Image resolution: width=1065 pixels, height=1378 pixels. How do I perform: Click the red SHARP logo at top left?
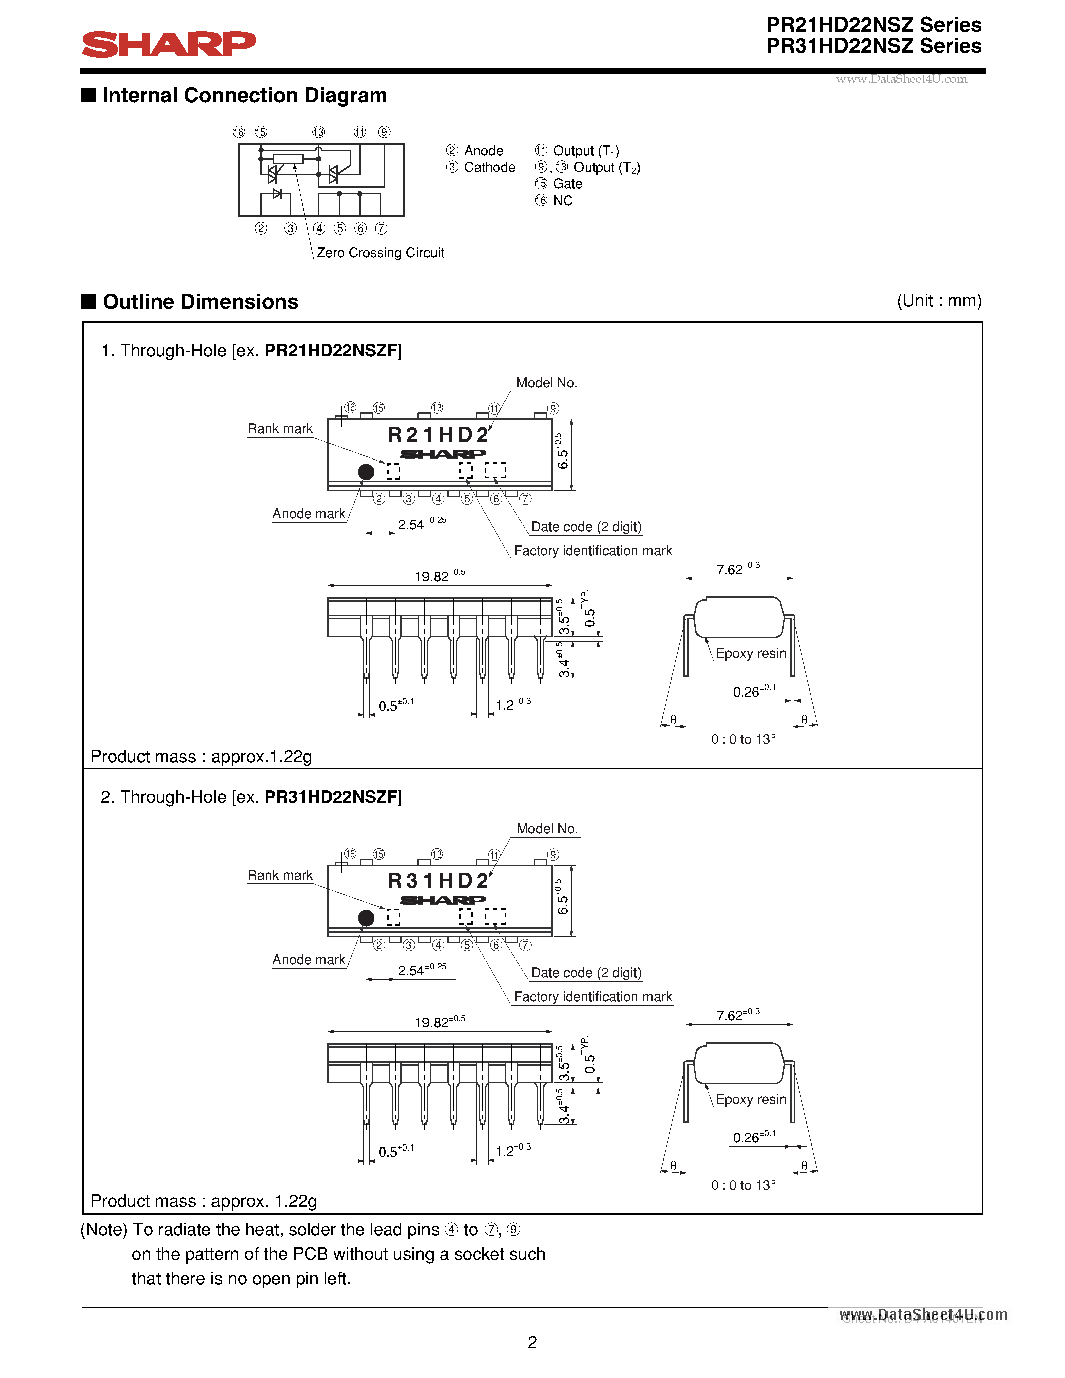(x=168, y=44)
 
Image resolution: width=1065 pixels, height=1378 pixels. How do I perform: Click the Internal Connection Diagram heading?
(x=244, y=95)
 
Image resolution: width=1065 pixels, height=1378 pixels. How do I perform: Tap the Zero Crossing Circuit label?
(x=380, y=253)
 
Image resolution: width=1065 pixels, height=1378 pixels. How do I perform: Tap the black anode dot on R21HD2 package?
(x=366, y=472)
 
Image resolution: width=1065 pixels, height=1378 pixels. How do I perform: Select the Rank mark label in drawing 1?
(x=280, y=429)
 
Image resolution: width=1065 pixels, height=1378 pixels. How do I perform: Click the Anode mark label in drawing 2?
(x=309, y=960)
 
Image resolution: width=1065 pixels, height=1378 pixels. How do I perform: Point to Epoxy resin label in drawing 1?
(x=750, y=653)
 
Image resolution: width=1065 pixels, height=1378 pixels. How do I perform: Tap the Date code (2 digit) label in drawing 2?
(x=585, y=972)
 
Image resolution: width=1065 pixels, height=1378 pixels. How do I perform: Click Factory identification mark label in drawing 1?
(x=592, y=551)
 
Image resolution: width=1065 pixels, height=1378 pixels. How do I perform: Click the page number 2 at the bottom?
(x=532, y=1342)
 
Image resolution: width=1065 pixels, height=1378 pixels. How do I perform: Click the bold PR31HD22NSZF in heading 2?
(x=331, y=797)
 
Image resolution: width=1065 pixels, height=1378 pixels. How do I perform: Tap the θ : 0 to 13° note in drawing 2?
(x=743, y=1185)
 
